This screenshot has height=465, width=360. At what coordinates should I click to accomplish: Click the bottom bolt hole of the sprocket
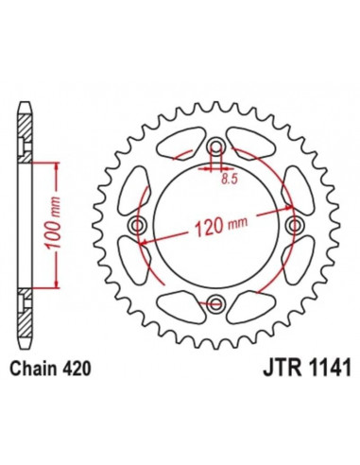pos(216,303)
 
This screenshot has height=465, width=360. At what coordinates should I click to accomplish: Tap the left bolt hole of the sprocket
pos(139,225)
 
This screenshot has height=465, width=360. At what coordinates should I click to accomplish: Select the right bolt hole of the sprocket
pos(294,225)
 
